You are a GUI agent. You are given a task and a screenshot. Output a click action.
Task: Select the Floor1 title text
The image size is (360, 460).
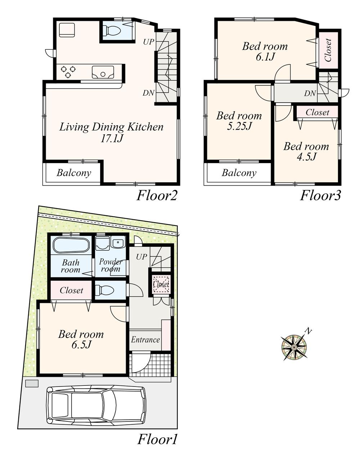tap(157, 440)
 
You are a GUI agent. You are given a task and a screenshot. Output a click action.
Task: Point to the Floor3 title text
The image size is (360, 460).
tap(320, 196)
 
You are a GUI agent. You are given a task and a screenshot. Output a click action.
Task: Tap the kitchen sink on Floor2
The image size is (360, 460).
tap(103, 72)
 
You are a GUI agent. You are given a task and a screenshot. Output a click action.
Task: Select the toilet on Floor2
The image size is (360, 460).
tap(113, 31)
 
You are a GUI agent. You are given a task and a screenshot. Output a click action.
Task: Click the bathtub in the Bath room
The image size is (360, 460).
tap(71, 246)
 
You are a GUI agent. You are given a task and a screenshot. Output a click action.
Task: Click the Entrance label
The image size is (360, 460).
tap(145, 340)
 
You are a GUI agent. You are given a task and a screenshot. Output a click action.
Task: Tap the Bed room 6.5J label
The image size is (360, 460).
tap(81, 339)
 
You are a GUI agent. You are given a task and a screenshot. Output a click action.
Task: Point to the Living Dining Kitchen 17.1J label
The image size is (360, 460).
tap(111, 132)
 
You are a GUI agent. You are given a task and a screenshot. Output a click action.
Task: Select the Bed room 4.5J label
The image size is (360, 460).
tap(306, 151)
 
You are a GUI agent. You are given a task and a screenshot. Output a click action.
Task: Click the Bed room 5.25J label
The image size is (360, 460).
tap(239, 121)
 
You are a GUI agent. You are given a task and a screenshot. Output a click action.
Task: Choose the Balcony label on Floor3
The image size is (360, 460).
tap(239, 173)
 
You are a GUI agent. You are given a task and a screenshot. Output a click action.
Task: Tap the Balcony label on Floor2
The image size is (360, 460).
tap(74, 173)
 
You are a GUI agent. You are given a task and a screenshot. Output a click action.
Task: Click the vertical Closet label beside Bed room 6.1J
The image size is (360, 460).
tap(328, 50)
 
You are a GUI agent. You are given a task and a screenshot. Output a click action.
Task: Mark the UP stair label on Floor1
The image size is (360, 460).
tap(141, 257)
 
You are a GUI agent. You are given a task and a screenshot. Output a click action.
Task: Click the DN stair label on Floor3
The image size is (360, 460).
tap(310, 94)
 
